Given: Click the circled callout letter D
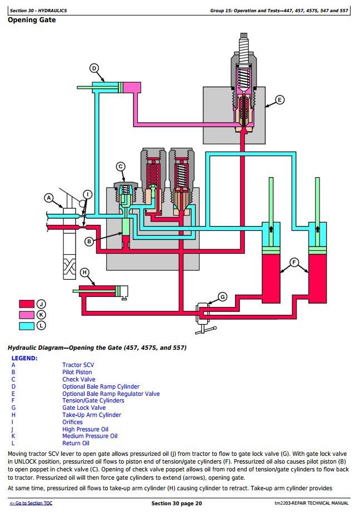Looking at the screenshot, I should [x=94, y=68].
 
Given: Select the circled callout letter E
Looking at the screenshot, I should [x=279, y=100].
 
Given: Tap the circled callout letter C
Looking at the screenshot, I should [x=121, y=167].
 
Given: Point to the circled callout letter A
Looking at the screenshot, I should [x=48, y=198].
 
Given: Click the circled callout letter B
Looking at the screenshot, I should [x=88, y=241].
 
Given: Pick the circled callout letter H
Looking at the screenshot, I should [x=84, y=272].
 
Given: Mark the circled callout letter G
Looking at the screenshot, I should [x=222, y=296].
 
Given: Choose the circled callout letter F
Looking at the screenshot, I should [x=294, y=261].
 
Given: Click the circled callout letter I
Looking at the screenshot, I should [x=87, y=194].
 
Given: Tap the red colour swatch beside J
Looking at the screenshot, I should [x=27, y=304].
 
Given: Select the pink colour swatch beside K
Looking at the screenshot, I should [x=27, y=315].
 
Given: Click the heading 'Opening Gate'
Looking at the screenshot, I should [x=32, y=20].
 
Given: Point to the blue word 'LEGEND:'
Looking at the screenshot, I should [x=24, y=358].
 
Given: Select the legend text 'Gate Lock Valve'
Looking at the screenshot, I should [x=84, y=408].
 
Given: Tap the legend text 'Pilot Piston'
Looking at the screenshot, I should [x=77, y=372].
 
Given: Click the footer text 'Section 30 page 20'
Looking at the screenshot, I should [x=177, y=503].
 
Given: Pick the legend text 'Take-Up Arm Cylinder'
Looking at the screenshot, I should [x=92, y=415].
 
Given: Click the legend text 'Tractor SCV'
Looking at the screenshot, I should [x=78, y=365].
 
